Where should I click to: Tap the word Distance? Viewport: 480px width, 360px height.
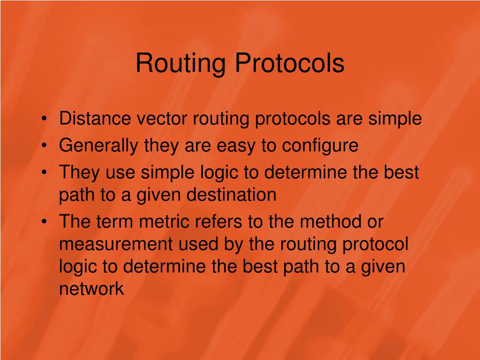coord(95,119)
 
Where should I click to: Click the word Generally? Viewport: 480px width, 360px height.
coord(98,146)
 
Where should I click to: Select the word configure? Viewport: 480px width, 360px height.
coord(320,146)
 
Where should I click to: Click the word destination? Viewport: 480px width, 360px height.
coord(232,195)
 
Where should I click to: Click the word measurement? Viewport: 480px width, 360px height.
coord(118,244)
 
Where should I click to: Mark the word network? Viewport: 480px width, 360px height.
coord(91,289)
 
